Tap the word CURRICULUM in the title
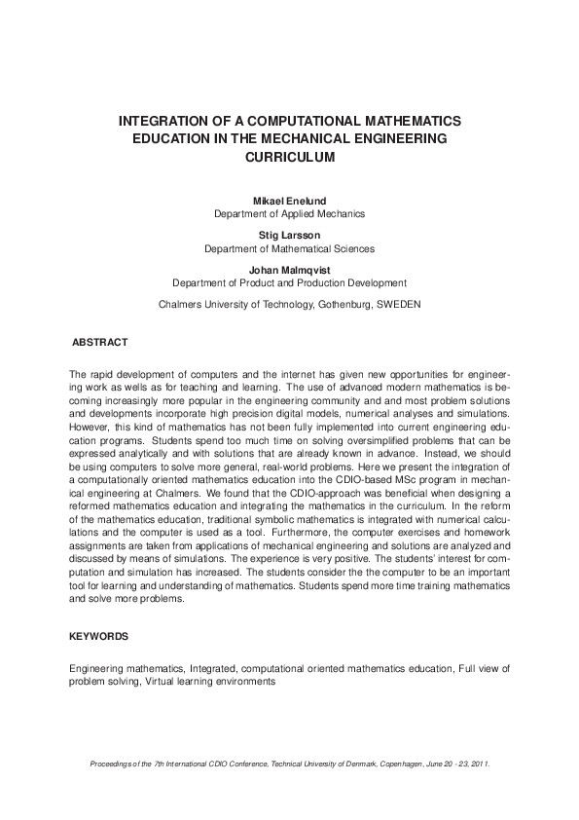point(289,157)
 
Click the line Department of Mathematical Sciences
point(289,248)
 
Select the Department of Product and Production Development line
point(289,283)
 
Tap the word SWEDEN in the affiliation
point(398,304)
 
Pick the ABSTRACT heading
point(100,343)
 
